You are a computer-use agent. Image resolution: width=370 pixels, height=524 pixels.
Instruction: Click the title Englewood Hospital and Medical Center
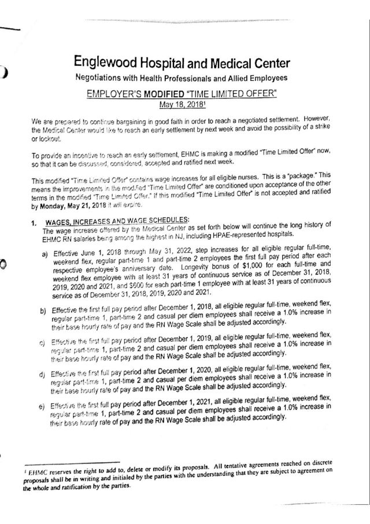pos(181,62)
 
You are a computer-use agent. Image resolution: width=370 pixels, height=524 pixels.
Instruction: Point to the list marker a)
pos(45,255)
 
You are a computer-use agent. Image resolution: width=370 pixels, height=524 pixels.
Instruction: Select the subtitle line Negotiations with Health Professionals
pos(181,78)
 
